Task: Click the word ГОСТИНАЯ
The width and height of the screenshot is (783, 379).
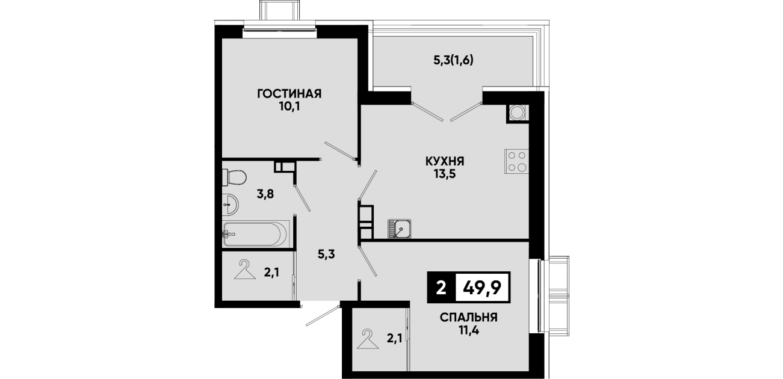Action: click(289, 94)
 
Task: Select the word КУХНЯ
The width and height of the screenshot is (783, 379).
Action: click(445, 161)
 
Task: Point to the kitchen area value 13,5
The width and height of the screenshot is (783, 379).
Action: click(445, 174)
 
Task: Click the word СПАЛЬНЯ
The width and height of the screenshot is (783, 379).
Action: click(468, 318)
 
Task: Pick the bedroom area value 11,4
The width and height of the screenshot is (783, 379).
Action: click(468, 330)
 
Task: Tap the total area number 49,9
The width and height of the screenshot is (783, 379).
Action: click(482, 288)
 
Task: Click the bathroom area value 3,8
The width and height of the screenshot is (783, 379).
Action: click(265, 194)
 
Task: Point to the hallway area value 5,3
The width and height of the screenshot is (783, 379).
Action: click(326, 254)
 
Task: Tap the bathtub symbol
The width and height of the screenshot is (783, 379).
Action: click(256, 233)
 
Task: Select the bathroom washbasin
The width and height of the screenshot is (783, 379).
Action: click(230, 204)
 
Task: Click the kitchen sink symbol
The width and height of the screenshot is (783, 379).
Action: click(399, 229)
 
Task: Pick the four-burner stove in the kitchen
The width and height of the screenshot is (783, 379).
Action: click(516, 161)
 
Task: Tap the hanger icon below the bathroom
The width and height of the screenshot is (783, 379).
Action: click(245, 269)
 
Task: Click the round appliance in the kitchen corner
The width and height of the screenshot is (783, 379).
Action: click(517, 112)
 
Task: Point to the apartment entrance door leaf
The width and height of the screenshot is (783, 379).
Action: click(323, 316)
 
